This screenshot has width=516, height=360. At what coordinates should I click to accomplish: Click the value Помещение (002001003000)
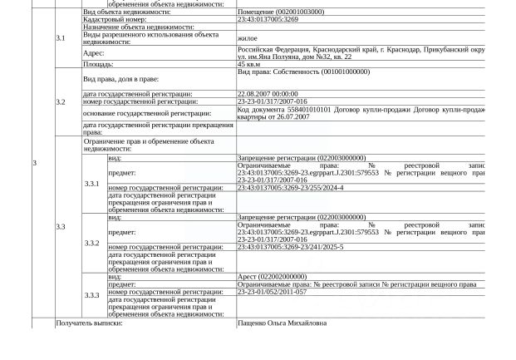(281, 12)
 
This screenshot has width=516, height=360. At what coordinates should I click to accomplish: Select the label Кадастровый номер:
(115, 19)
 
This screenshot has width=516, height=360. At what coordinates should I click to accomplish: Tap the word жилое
(247, 38)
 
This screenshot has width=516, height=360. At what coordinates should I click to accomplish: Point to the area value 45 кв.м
(248, 64)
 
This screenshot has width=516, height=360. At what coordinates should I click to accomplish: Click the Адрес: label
(94, 52)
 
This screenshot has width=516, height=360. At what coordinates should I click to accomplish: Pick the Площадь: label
(98, 64)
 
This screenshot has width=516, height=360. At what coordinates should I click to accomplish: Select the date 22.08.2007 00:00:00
(268, 95)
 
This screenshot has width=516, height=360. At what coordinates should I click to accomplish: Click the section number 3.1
(61, 38)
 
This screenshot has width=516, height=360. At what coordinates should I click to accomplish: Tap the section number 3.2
(61, 102)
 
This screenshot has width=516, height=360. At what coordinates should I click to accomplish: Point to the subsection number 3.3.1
(91, 184)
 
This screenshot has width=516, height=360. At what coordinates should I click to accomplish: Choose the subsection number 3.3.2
(91, 244)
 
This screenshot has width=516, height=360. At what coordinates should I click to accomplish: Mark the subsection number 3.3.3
(91, 295)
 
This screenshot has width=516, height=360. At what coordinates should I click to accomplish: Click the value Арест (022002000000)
(272, 277)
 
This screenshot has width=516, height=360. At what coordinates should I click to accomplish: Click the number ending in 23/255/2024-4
(290, 188)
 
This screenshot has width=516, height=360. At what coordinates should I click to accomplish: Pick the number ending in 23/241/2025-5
(290, 247)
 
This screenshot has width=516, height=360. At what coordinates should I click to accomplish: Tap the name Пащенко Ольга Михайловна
(282, 323)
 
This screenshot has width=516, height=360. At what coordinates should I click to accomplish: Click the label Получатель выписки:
(89, 323)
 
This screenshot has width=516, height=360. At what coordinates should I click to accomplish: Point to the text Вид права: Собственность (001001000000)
(304, 72)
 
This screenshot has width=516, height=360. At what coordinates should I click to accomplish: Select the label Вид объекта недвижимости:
(127, 12)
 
